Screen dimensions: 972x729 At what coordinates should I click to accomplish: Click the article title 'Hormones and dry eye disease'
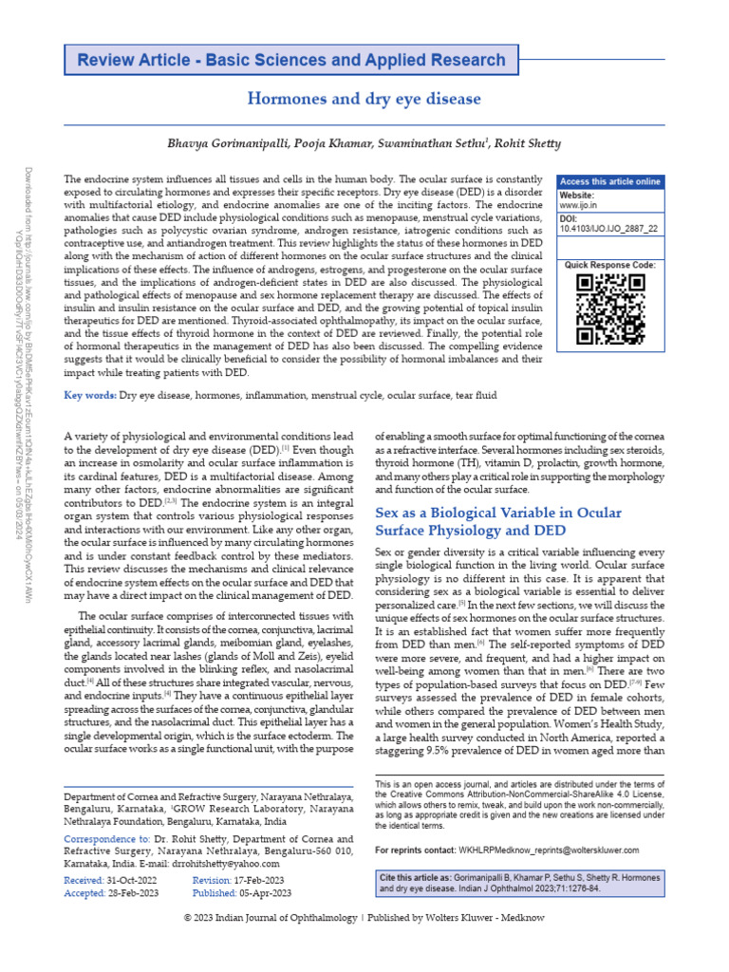click(x=364, y=99)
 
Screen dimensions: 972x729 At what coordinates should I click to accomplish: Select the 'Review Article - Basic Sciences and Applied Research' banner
click(x=291, y=61)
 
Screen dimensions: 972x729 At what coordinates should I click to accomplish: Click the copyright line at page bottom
click(x=364, y=944)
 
